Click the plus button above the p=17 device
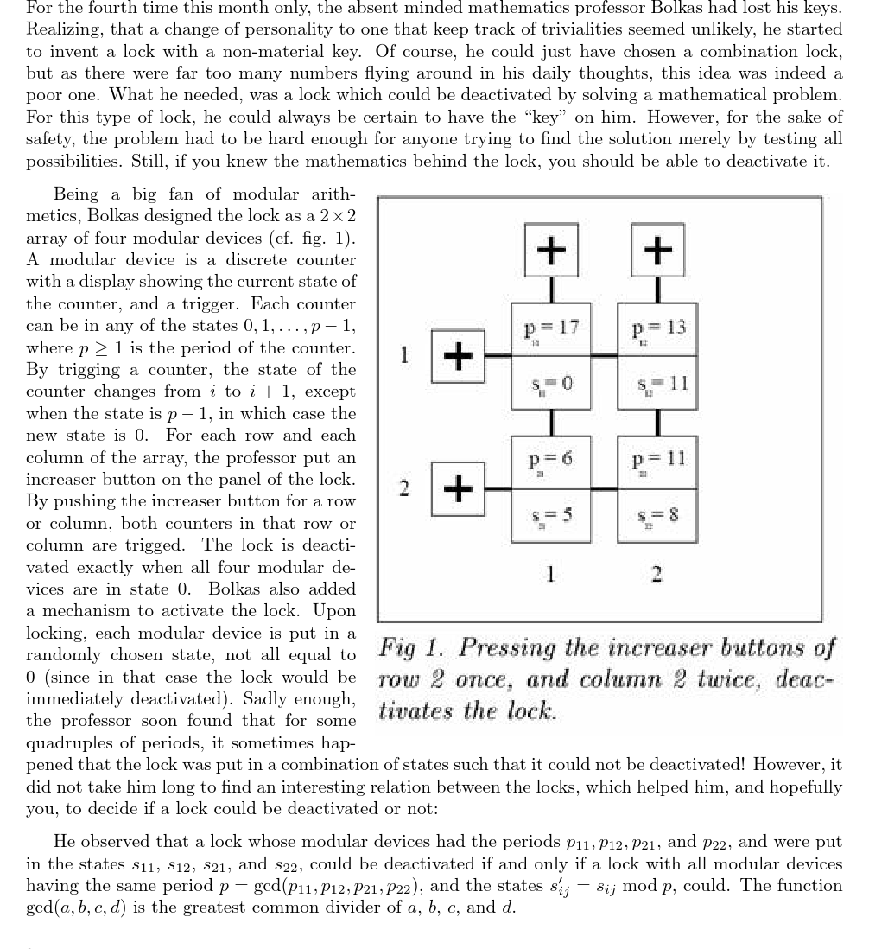coord(551,250)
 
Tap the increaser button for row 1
coord(458,354)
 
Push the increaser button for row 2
coord(458,487)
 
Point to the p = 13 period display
coord(658,328)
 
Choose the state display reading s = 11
coord(658,381)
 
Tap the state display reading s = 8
coord(658,514)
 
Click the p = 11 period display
coord(658,461)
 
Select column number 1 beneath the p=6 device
coord(551,573)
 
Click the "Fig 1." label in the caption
coord(411,647)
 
